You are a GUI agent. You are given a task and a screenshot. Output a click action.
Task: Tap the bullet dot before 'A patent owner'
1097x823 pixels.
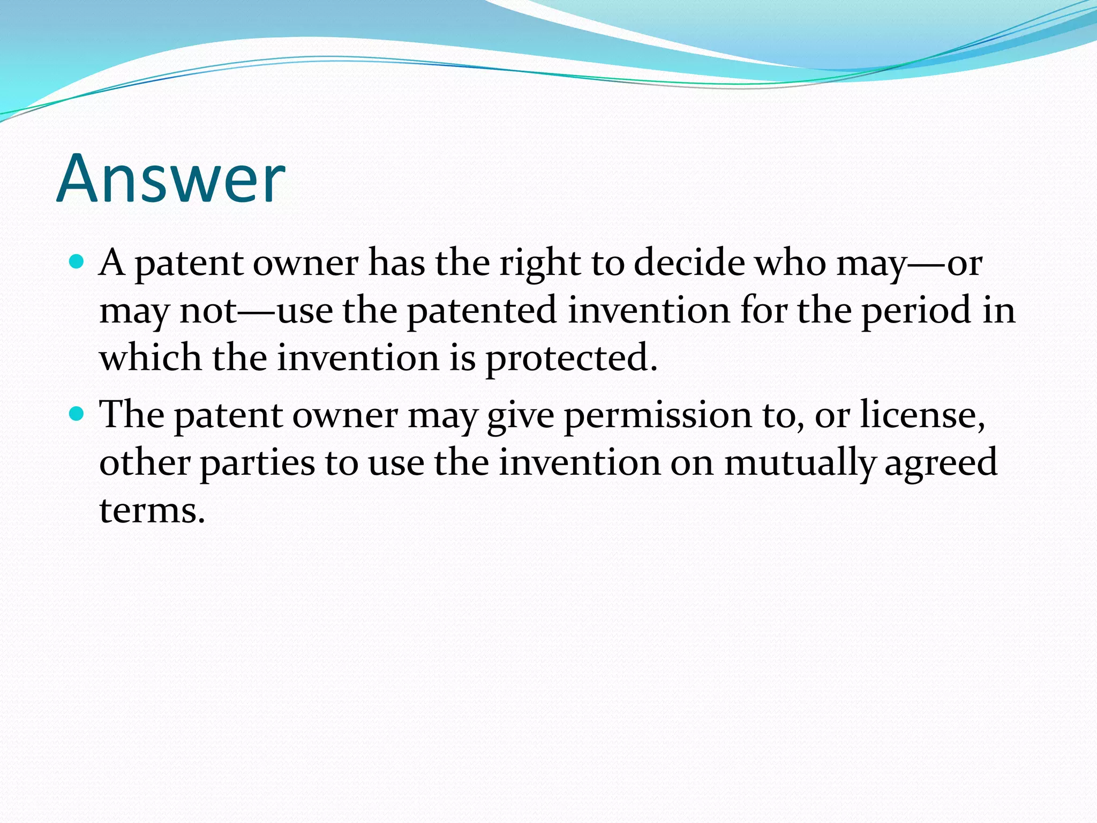coord(78,262)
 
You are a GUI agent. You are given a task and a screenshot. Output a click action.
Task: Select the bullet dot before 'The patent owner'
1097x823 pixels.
coord(78,414)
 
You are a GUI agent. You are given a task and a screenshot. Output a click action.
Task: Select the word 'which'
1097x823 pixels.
coord(151,357)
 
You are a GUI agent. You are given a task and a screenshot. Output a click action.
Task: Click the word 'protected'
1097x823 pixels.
coord(571,358)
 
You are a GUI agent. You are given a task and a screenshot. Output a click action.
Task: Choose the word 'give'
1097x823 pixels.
coord(520,416)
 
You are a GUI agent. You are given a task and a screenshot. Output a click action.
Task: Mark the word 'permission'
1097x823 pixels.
coord(658,416)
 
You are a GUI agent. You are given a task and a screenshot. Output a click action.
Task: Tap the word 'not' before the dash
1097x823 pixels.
coord(208,311)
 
